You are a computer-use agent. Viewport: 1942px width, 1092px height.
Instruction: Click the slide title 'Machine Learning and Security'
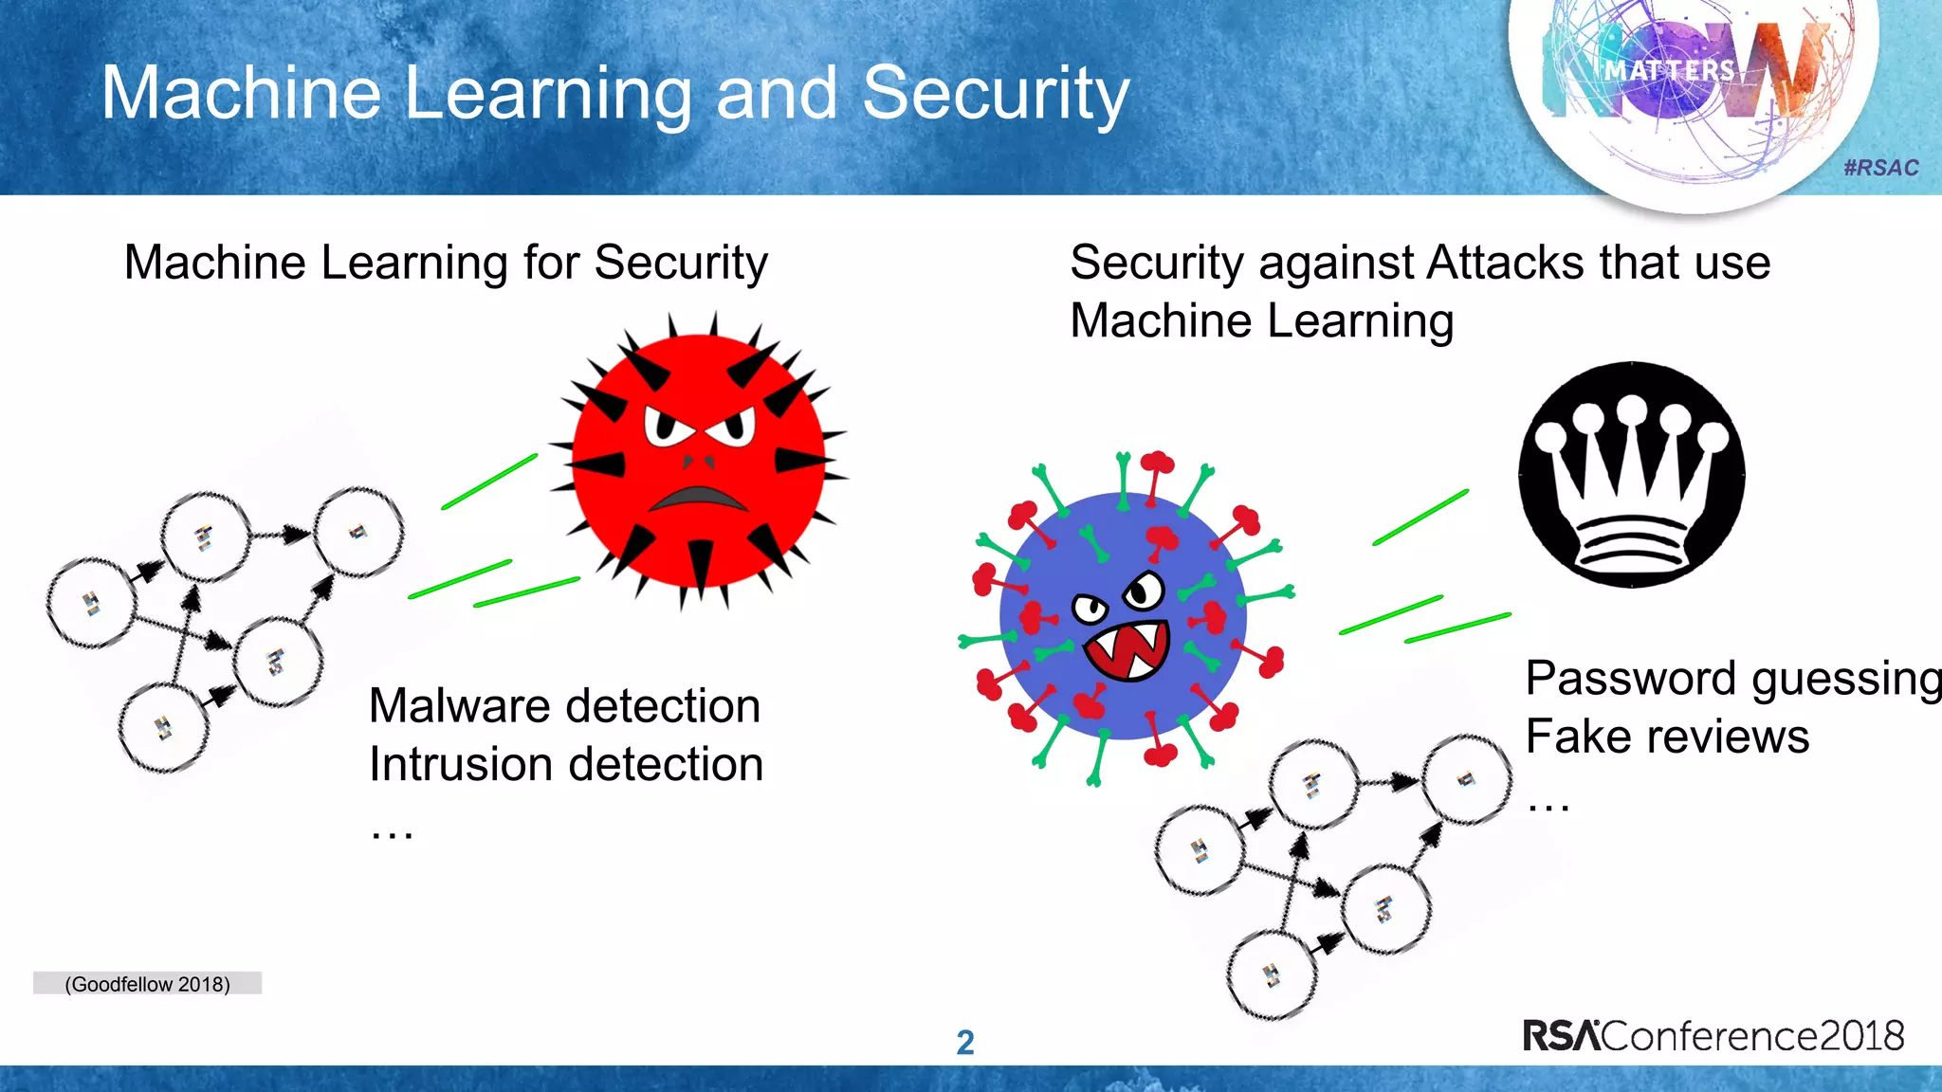coord(614,93)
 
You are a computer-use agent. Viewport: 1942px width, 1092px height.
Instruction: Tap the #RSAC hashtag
coord(1880,168)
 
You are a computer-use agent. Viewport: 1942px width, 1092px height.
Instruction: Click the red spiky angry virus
coord(699,461)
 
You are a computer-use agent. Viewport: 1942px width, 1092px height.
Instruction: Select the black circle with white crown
coord(1631,474)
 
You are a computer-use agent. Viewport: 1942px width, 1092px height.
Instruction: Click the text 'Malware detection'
coord(564,706)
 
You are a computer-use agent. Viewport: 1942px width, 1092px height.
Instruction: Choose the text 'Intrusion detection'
coord(566,764)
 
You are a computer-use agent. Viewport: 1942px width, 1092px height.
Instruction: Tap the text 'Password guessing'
coord(1731,679)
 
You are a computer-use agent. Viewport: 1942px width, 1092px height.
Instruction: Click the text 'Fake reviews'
coord(1667,737)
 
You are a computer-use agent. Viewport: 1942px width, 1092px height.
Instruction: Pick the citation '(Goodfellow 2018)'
coord(147,984)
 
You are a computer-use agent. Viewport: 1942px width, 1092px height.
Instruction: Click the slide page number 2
coord(965,1043)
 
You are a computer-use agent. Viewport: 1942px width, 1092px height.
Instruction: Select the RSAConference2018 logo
coord(1713,1035)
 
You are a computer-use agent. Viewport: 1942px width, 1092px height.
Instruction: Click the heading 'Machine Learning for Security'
coord(446,263)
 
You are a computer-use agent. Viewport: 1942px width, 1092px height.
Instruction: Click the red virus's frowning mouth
coord(699,499)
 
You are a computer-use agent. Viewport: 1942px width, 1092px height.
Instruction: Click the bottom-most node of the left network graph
coord(163,728)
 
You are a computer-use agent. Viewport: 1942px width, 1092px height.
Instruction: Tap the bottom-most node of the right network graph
coord(1271,975)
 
